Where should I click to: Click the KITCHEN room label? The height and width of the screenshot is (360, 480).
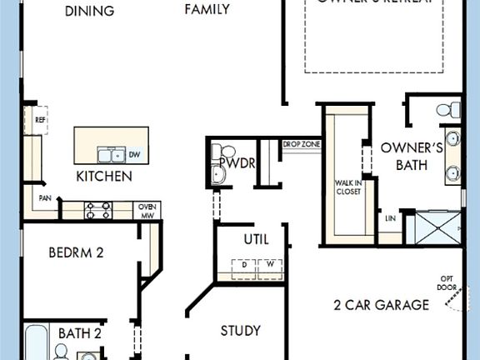pyautogui.click(x=104, y=177)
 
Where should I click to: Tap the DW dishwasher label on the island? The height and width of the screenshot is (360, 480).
pyautogui.click(x=133, y=154)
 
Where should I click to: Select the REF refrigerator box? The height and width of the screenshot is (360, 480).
pyautogui.click(x=40, y=120)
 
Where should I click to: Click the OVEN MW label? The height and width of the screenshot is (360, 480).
pyautogui.click(x=147, y=210)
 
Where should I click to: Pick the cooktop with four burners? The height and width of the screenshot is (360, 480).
pyautogui.click(x=98, y=210)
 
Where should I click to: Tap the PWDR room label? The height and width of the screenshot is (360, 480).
pyautogui.click(x=241, y=163)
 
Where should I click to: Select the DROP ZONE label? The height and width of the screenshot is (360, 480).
pyautogui.click(x=302, y=145)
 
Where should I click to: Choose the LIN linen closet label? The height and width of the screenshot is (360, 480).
pyautogui.click(x=390, y=218)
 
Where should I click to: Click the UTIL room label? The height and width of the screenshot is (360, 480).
pyautogui.click(x=256, y=239)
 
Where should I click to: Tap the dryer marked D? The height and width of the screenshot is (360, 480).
pyautogui.click(x=244, y=266)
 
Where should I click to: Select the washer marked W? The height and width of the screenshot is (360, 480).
pyautogui.click(x=270, y=266)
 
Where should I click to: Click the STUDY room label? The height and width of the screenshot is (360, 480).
pyautogui.click(x=241, y=331)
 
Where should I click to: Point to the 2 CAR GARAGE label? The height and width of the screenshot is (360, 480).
pyautogui.click(x=381, y=304)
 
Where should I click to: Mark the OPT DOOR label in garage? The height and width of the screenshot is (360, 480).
pyautogui.click(x=447, y=282)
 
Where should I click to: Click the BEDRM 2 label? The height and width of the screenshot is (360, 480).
pyautogui.click(x=76, y=252)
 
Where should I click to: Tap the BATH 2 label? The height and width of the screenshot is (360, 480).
pyautogui.click(x=80, y=334)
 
